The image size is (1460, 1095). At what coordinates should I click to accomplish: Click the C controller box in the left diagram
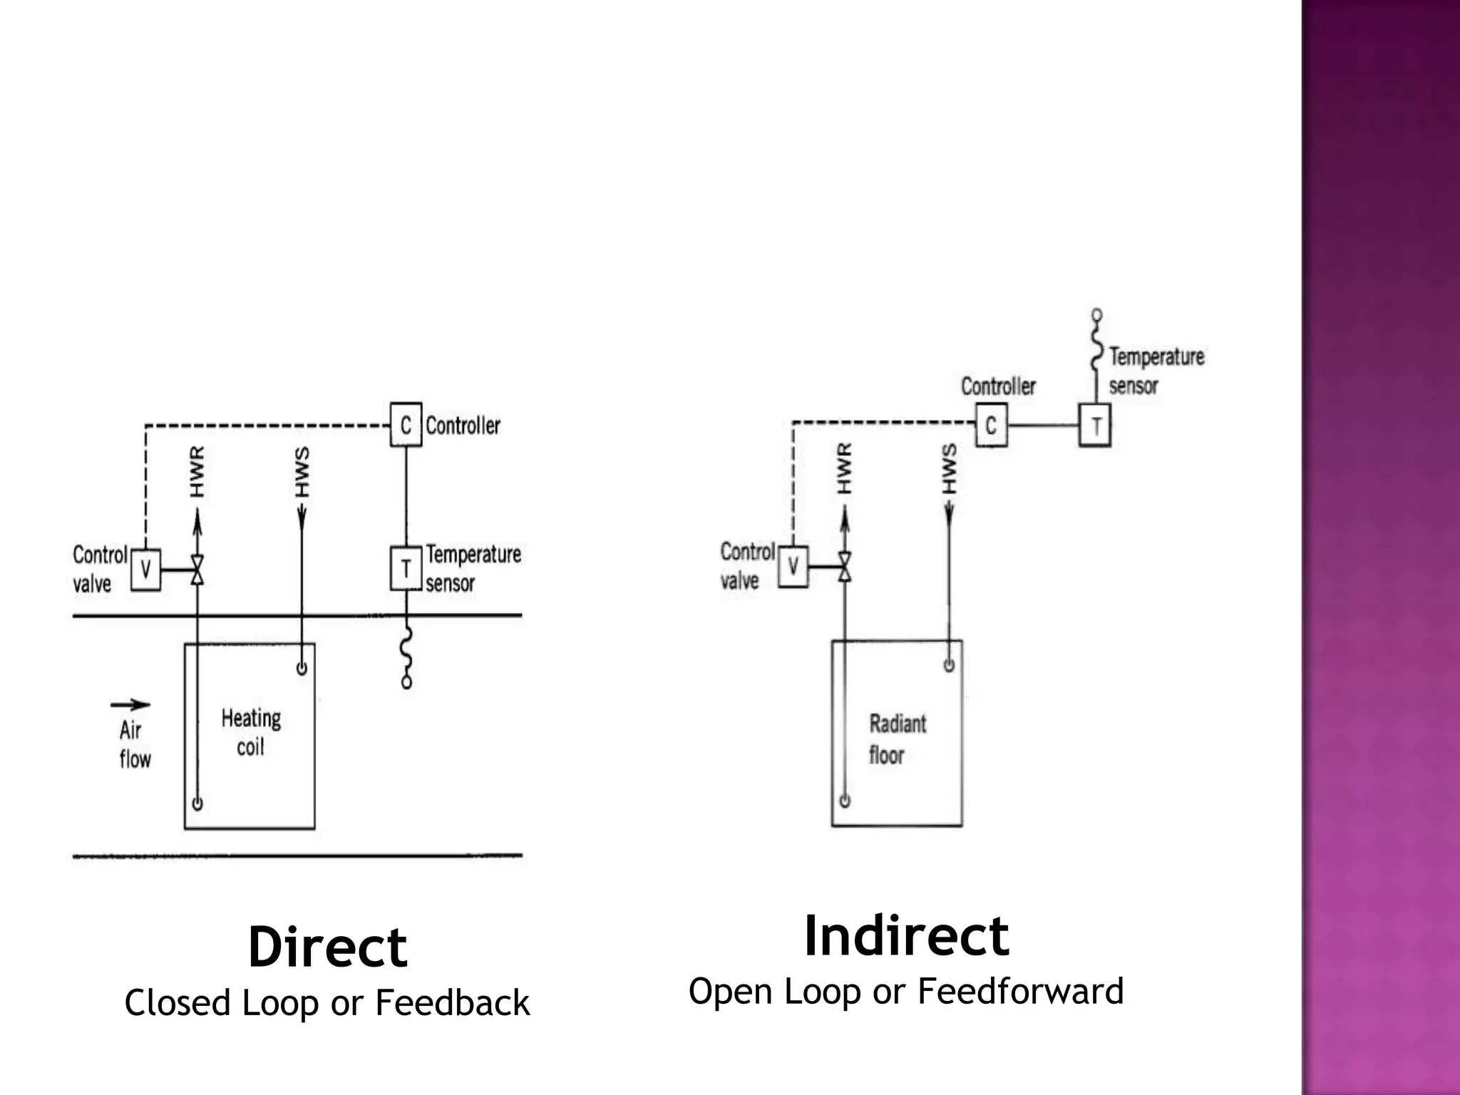(x=406, y=425)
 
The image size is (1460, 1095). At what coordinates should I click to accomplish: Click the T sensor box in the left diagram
(x=406, y=568)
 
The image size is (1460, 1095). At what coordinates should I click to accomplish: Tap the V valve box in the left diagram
(x=145, y=569)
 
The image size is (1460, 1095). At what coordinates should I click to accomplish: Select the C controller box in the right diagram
(x=991, y=426)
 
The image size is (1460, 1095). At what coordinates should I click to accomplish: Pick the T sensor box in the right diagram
(x=1095, y=426)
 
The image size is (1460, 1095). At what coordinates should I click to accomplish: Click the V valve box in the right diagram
(x=793, y=566)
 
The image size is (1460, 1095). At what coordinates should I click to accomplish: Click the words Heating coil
(x=250, y=732)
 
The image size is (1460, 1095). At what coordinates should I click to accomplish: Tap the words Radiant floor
(x=897, y=739)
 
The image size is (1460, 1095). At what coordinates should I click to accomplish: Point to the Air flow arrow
(x=130, y=705)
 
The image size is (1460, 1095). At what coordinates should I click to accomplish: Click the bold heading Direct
(x=327, y=947)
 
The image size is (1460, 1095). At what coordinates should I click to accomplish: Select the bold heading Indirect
(x=906, y=936)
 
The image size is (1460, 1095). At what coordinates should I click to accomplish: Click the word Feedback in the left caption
(x=452, y=1003)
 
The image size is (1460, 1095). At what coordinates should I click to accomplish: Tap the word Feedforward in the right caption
(x=1020, y=991)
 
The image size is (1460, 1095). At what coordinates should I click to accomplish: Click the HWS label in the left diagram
(x=302, y=471)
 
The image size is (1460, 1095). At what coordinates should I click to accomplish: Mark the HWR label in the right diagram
(x=844, y=468)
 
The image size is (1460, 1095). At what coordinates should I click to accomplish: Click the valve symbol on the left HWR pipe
(x=197, y=570)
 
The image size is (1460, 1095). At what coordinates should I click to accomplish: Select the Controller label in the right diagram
(x=998, y=386)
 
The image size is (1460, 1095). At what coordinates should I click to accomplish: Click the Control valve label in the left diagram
(x=99, y=569)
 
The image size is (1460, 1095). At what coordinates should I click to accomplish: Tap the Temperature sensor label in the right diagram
(x=1155, y=371)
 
